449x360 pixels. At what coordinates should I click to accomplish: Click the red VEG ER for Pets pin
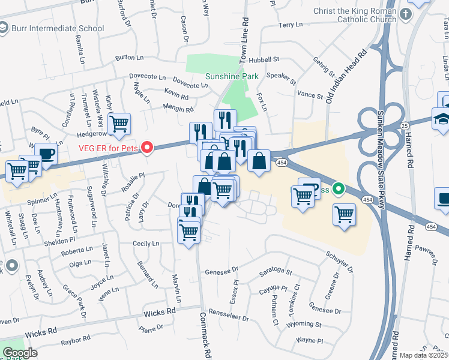click(146, 148)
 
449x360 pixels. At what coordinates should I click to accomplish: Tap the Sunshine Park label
click(232, 77)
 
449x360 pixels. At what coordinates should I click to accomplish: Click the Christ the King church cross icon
click(406, 14)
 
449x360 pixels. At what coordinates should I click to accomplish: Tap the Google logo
click(20, 353)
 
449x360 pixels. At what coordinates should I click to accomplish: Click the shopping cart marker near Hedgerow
click(119, 124)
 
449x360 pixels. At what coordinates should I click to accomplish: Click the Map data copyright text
click(423, 355)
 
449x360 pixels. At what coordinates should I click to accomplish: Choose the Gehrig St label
click(324, 66)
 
